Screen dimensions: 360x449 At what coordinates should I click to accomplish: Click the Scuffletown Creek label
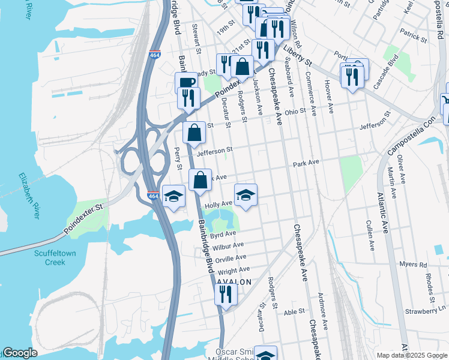click(x=55, y=257)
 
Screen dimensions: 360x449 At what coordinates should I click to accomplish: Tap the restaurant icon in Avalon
click(x=226, y=295)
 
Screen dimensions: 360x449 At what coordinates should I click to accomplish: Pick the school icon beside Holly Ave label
click(x=246, y=196)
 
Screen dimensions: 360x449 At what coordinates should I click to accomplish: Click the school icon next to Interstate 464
click(x=173, y=196)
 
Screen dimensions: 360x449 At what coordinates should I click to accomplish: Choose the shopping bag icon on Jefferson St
click(x=194, y=133)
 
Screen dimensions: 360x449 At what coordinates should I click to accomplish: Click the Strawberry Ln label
click(x=426, y=310)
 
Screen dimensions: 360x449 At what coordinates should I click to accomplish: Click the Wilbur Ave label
click(x=228, y=245)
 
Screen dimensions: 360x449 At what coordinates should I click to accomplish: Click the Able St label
click(x=295, y=311)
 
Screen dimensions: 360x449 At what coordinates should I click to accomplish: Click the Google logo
click(x=20, y=353)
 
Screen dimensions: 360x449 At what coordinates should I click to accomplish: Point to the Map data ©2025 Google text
click(x=411, y=355)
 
